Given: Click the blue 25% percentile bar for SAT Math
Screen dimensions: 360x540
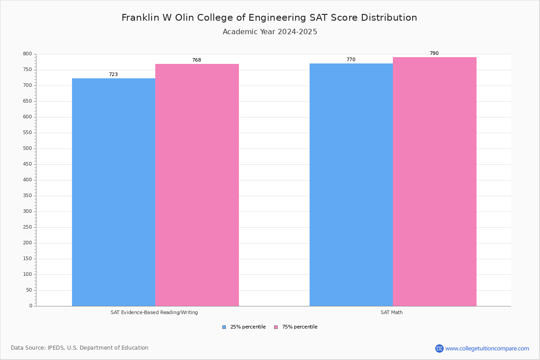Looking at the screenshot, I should (351, 184).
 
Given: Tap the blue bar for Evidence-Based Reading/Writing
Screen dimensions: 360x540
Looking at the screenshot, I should (113, 192).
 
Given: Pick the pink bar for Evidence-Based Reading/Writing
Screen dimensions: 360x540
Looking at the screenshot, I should (197, 185).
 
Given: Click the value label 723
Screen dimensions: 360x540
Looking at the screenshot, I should (113, 75).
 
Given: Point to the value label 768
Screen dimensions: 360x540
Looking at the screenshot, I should (197, 60).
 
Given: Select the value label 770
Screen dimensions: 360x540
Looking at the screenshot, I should (351, 60).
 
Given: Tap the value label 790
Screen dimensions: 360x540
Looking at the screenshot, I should (434, 54).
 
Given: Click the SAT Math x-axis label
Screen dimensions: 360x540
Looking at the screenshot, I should (391, 312).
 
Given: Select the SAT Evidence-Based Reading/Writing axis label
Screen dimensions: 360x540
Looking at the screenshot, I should (154, 312).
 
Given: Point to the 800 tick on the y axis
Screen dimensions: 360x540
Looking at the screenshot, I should (27, 54).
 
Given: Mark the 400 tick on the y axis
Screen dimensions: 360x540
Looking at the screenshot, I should (27, 180).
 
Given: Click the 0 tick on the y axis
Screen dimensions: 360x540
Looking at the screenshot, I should (31, 306).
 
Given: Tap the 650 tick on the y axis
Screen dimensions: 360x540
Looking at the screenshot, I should (27, 101).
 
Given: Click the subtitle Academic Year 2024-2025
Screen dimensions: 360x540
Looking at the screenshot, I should (270, 32).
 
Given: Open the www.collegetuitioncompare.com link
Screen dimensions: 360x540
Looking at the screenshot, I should (487, 348).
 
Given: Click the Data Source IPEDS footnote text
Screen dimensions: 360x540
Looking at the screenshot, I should (80, 348).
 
